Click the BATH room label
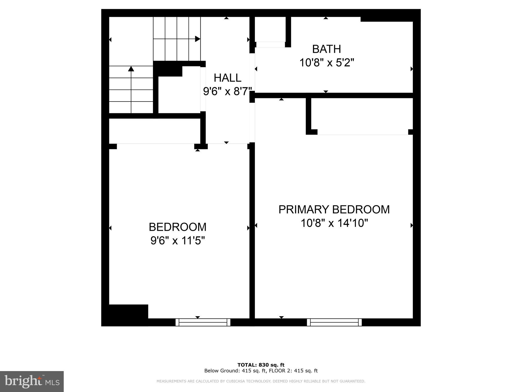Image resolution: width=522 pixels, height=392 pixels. [x=326, y=49]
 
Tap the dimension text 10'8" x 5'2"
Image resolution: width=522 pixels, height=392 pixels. [x=327, y=63]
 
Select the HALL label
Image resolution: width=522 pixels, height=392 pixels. [x=227, y=78]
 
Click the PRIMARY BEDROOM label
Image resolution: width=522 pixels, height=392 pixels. [x=334, y=210]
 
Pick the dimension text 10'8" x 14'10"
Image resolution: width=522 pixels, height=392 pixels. [x=334, y=223]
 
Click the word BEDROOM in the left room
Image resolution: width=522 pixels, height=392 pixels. [x=177, y=227]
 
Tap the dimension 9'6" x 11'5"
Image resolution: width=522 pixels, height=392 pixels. [x=178, y=240]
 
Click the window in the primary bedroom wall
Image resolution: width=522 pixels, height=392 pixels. [x=334, y=322]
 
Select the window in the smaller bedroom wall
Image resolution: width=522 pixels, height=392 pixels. [x=203, y=322]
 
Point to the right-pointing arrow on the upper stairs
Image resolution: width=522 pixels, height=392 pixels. [x=197, y=39]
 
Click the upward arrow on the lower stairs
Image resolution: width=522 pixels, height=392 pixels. [x=131, y=69]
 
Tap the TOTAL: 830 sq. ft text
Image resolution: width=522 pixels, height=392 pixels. [x=261, y=365]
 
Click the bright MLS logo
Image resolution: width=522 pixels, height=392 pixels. [x=32, y=382]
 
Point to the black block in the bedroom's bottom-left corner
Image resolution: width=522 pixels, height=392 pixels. [x=125, y=315]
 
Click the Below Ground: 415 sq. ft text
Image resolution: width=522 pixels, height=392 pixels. [x=235, y=371]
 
